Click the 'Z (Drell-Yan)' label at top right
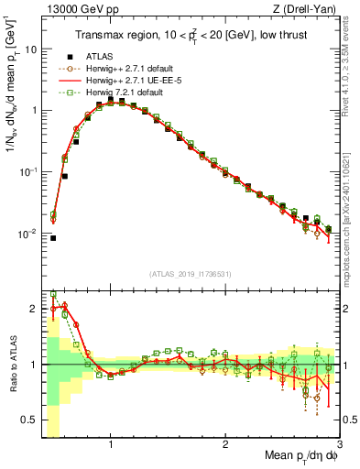[310, 9]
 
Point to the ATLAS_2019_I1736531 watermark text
[191, 273]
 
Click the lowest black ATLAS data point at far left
[53, 237]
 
